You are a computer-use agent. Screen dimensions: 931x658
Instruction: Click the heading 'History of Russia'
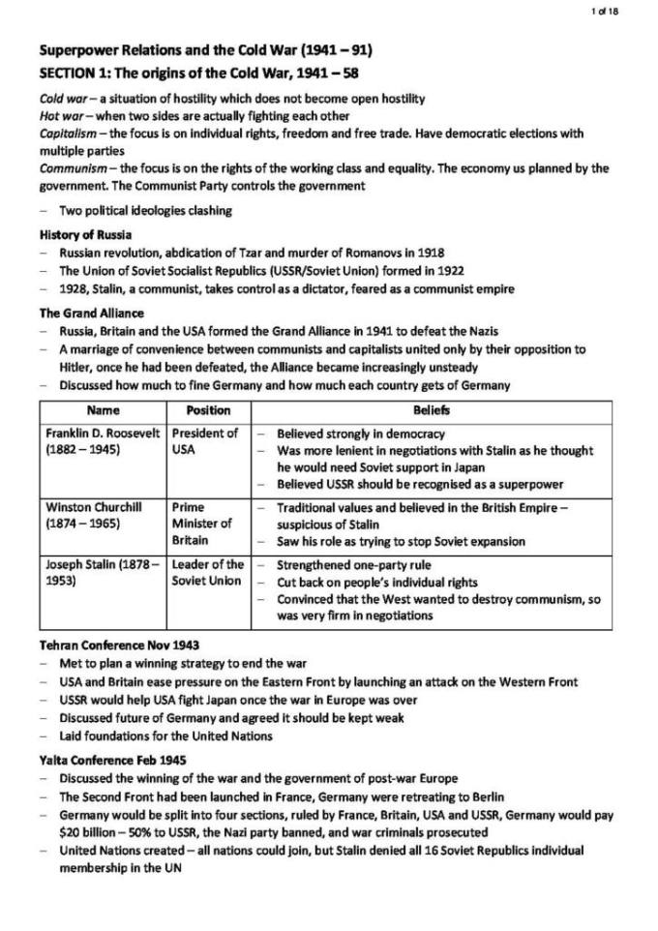(86, 235)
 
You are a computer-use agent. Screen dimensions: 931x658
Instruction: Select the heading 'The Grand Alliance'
(91, 314)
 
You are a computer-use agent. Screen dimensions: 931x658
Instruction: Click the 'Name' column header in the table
(104, 410)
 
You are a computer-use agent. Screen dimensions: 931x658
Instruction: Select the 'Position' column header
(208, 410)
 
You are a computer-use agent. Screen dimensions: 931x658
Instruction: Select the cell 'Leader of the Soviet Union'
(207, 573)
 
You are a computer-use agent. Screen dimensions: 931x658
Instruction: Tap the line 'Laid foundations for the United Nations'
(165, 736)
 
